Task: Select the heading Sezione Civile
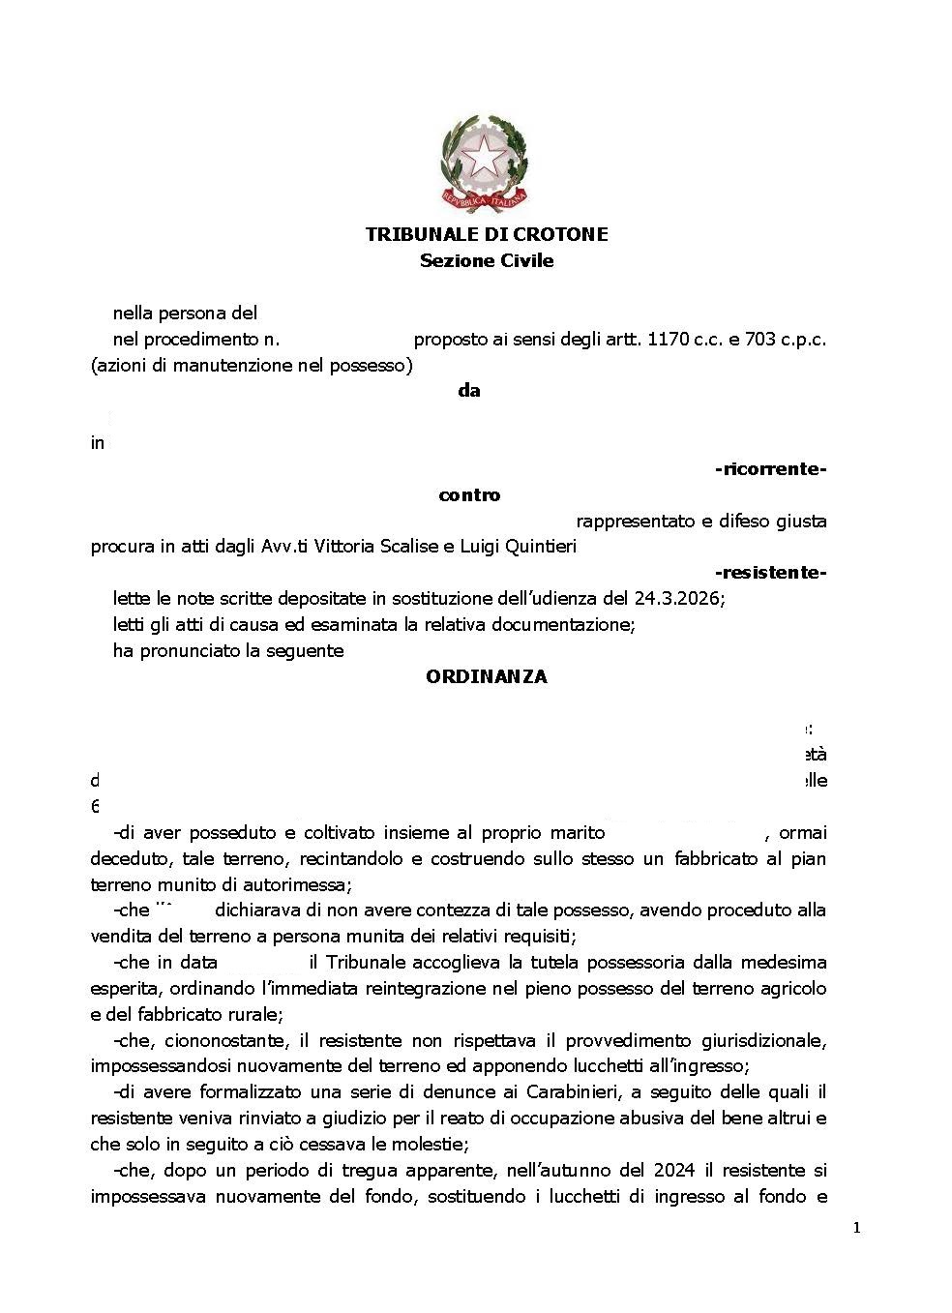[487, 260]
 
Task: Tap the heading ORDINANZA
[487, 676]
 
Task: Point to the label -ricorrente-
[770, 469]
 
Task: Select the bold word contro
[469, 495]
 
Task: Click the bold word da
[469, 391]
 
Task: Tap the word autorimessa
[298, 884]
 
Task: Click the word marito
[578, 832]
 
